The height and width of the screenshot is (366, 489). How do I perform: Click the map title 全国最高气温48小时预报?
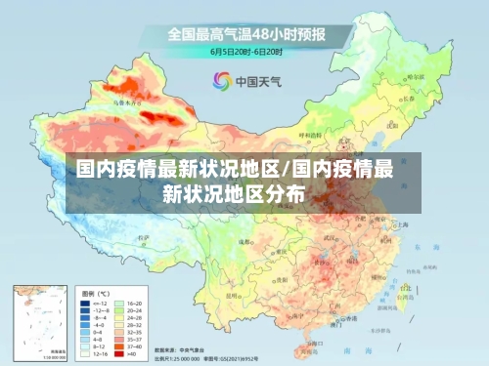(x=246, y=34)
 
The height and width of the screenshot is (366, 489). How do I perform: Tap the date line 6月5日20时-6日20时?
(x=245, y=50)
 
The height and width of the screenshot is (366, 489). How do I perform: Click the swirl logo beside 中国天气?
(x=222, y=79)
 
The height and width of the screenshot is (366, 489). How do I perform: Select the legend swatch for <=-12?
(x=85, y=305)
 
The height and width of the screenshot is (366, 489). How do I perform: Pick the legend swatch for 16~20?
(x=121, y=305)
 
